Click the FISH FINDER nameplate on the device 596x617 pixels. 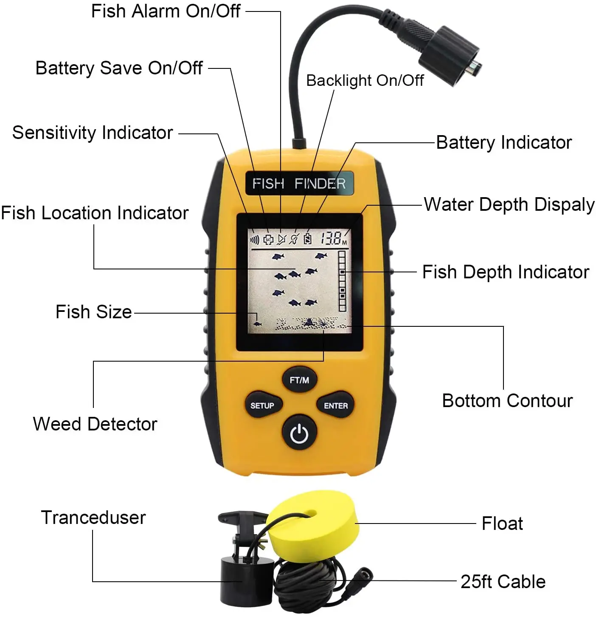tap(299, 183)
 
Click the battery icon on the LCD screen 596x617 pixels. tap(307, 238)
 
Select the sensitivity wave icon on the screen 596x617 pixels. tap(254, 240)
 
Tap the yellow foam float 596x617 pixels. tap(312, 526)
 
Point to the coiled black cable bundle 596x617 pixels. tap(314, 583)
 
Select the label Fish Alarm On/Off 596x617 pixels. tap(166, 11)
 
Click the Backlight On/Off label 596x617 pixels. tap(365, 81)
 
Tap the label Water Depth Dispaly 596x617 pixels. tap(509, 204)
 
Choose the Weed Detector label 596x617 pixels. tap(95, 424)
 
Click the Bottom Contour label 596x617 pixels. tap(507, 400)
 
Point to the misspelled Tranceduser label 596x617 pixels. tap(93, 518)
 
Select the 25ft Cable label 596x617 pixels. tap(503, 581)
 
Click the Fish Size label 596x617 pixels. tap(94, 311)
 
